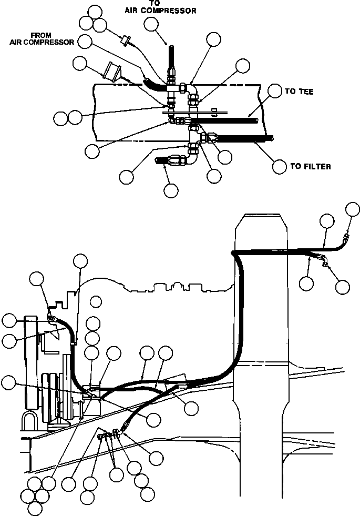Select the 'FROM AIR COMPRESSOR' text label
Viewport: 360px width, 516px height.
point(42,39)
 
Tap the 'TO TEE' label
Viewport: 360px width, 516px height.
point(299,92)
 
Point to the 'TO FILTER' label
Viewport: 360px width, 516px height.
point(311,167)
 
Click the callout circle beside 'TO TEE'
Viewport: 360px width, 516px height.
point(275,91)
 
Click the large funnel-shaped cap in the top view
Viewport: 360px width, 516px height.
point(112,72)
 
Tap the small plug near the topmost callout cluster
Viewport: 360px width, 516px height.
point(126,40)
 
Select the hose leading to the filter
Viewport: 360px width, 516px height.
point(244,139)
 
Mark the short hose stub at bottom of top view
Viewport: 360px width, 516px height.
point(164,160)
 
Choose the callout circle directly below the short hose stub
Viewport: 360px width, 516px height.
point(171,190)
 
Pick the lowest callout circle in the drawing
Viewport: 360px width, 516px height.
point(35,508)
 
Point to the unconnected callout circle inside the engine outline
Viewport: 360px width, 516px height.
point(95,301)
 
